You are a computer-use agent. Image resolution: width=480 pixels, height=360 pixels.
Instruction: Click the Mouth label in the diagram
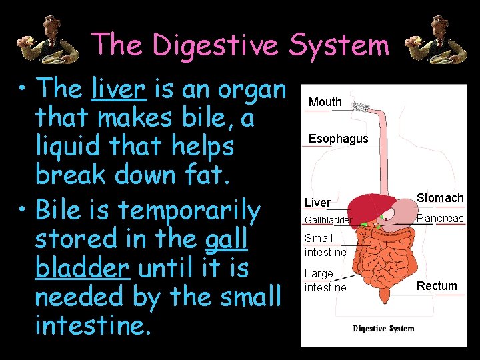coord(325,102)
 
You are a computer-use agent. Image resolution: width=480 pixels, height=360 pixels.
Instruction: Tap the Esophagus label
coord(338,139)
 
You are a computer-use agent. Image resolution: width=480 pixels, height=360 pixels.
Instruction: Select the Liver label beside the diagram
coord(317,202)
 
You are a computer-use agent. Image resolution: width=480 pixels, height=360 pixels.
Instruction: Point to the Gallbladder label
coord(327,220)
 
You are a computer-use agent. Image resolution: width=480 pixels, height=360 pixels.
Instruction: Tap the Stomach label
coord(440,198)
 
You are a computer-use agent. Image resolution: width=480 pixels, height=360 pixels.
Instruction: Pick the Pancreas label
coord(440,219)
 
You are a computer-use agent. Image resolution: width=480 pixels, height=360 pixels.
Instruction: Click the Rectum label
coord(437,286)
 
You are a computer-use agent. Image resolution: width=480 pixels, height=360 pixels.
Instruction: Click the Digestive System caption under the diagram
coord(383,328)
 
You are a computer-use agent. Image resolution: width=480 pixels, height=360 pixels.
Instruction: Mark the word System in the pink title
coord(339,45)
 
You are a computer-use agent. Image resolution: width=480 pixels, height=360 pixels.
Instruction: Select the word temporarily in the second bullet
coord(190,211)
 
